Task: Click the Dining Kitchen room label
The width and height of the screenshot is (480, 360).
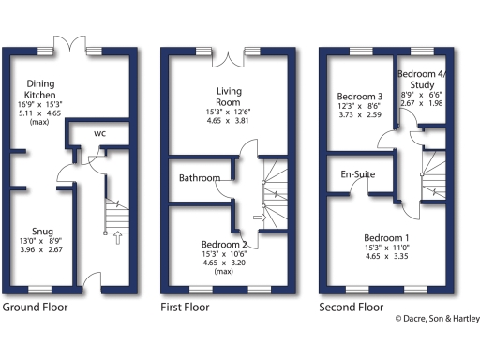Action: click(x=39, y=89)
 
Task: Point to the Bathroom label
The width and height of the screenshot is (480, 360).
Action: click(x=201, y=178)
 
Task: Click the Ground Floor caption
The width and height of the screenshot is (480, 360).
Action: click(x=37, y=307)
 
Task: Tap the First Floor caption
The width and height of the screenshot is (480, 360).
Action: click(x=188, y=307)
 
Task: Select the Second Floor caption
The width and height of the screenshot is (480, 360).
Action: click(x=352, y=307)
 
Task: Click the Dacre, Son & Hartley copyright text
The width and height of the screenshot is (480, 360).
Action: click(x=435, y=319)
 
